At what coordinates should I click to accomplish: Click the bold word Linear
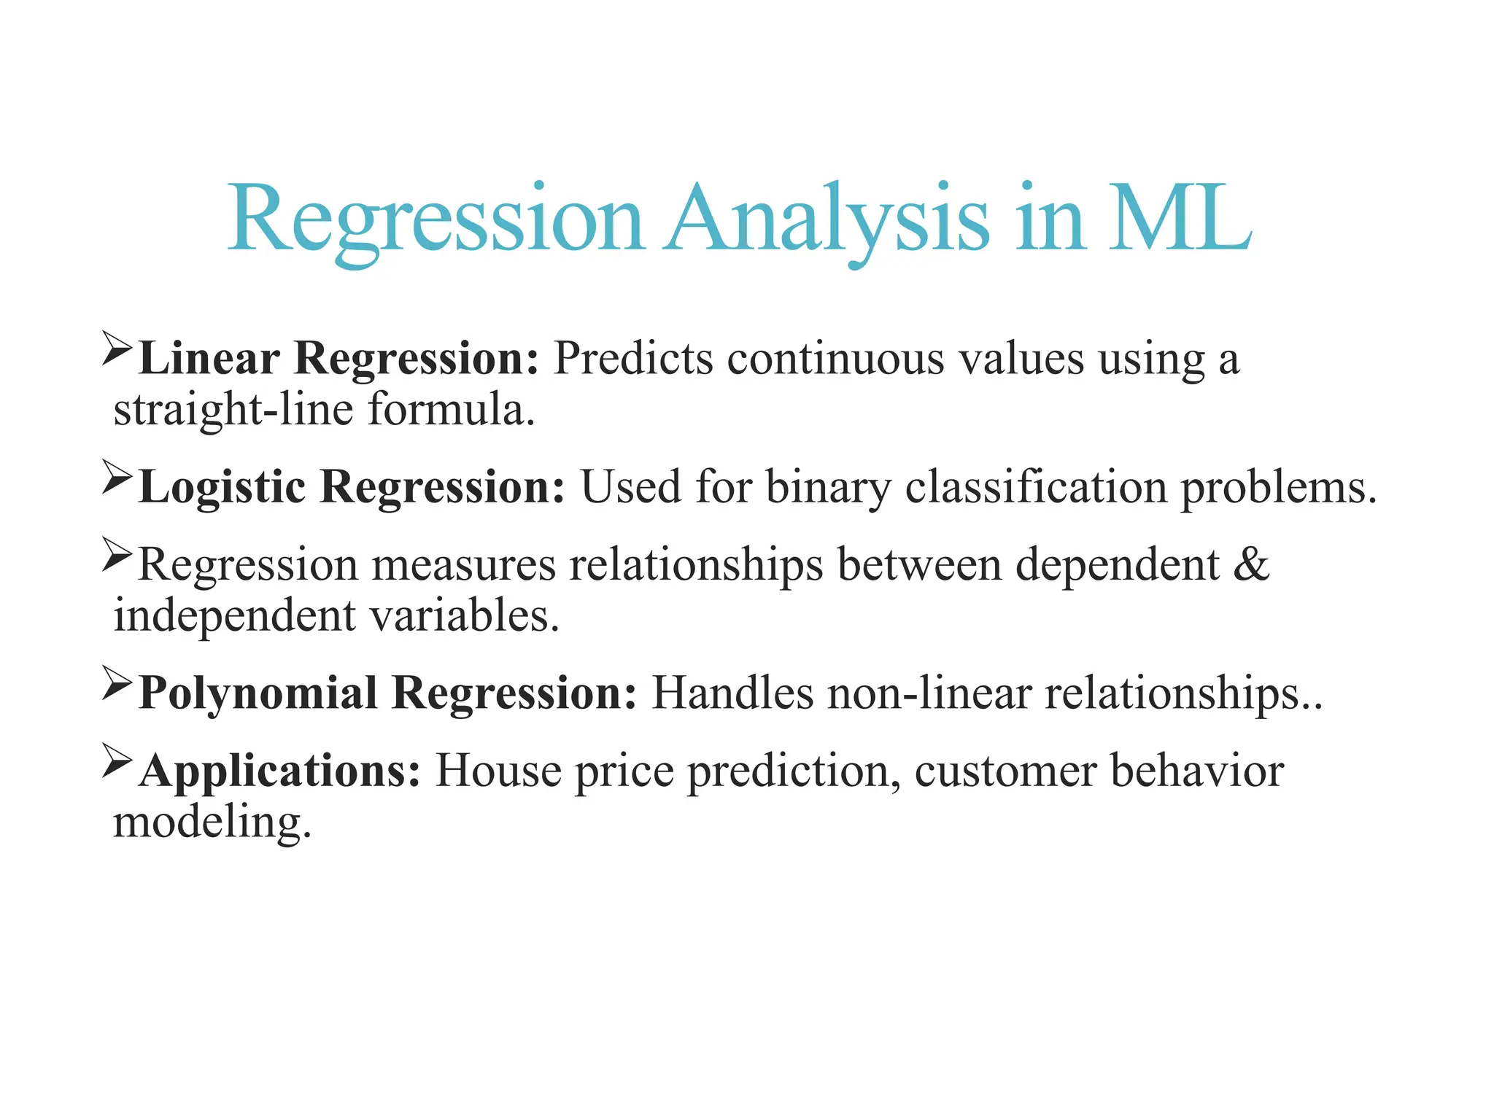(209, 359)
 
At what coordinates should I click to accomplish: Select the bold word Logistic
(222, 487)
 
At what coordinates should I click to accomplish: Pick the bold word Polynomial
(258, 693)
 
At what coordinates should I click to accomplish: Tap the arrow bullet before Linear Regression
(117, 348)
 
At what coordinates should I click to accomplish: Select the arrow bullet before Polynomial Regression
(117, 682)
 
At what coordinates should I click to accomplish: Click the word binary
(828, 487)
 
